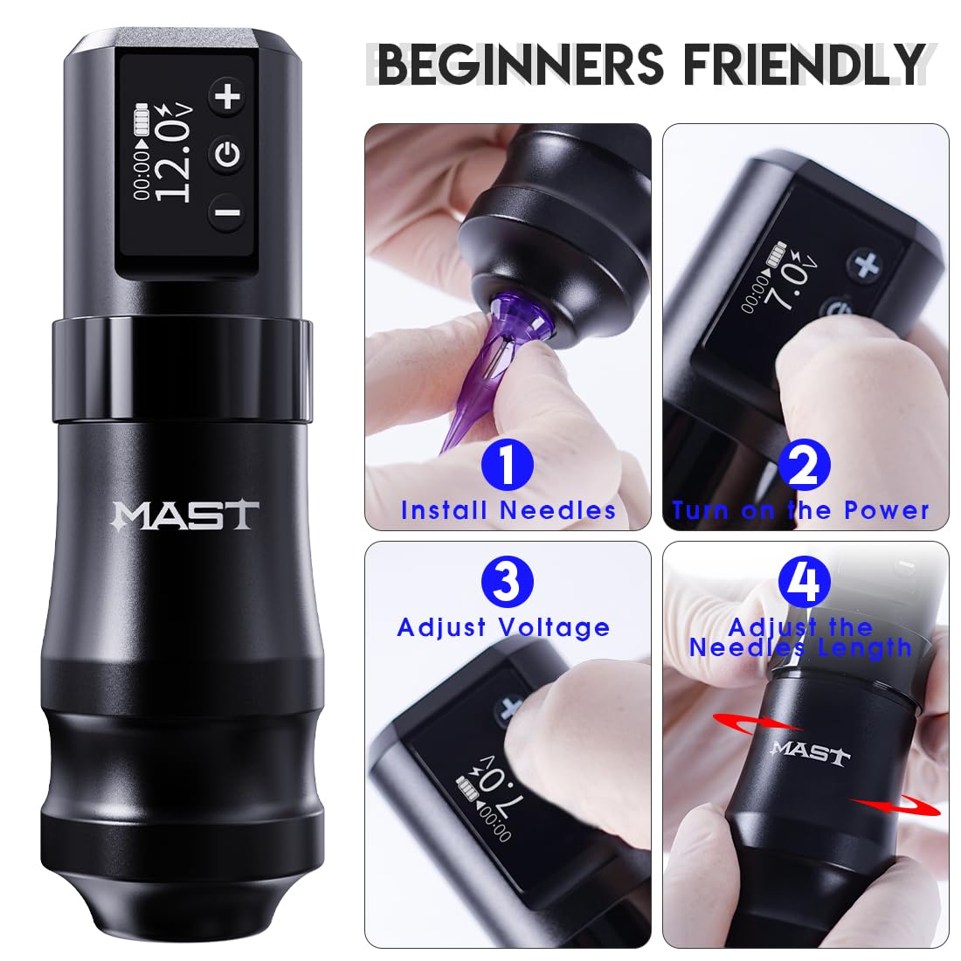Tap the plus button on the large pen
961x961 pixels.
click(x=229, y=95)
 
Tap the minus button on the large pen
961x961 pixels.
click(x=227, y=212)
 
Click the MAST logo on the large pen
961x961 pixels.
click(x=185, y=515)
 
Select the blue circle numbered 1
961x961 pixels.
click(x=507, y=465)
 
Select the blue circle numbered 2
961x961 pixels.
click(x=803, y=465)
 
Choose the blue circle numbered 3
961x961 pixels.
click(x=507, y=581)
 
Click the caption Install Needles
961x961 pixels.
click(x=508, y=510)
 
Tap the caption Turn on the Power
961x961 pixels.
click(x=801, y=510)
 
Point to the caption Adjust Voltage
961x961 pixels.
click(x=504, y=627)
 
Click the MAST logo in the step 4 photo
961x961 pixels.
click(x=810, y=751)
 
